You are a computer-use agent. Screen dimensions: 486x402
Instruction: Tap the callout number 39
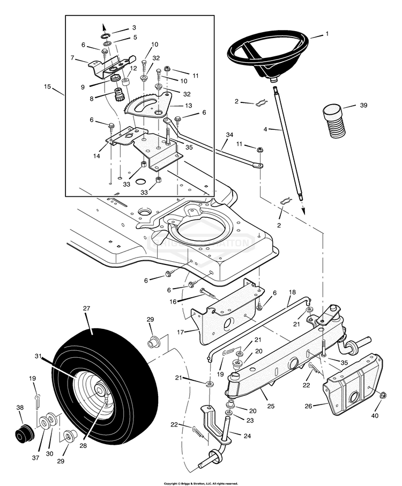click(x=363, y=105)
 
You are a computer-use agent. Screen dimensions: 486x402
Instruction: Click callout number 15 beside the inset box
click(x=48, y=86)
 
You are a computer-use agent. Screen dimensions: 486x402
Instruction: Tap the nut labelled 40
click(x=384, y=396)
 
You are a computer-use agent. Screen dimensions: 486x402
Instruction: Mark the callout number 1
click(x=326, y=34)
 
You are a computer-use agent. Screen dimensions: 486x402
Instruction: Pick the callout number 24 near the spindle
click(x=247, y=436)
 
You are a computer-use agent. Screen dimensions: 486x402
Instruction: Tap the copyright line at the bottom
click(x=200, y=483)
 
